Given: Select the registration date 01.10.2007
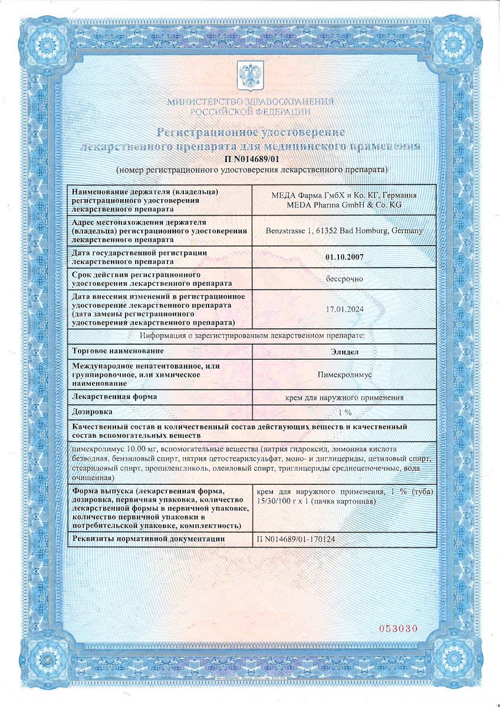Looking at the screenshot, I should [344, 256].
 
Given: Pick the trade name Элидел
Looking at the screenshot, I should [344, 351].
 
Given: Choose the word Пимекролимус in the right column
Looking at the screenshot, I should [344, 375].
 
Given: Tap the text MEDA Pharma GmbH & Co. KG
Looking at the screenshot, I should [344, 204].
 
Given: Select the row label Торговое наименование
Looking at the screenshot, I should [118, 351].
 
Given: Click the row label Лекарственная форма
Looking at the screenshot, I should [114, 397].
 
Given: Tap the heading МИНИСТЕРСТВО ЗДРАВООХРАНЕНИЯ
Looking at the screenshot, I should [251, 101].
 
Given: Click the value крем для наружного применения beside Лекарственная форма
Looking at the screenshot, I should [344, 398].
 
